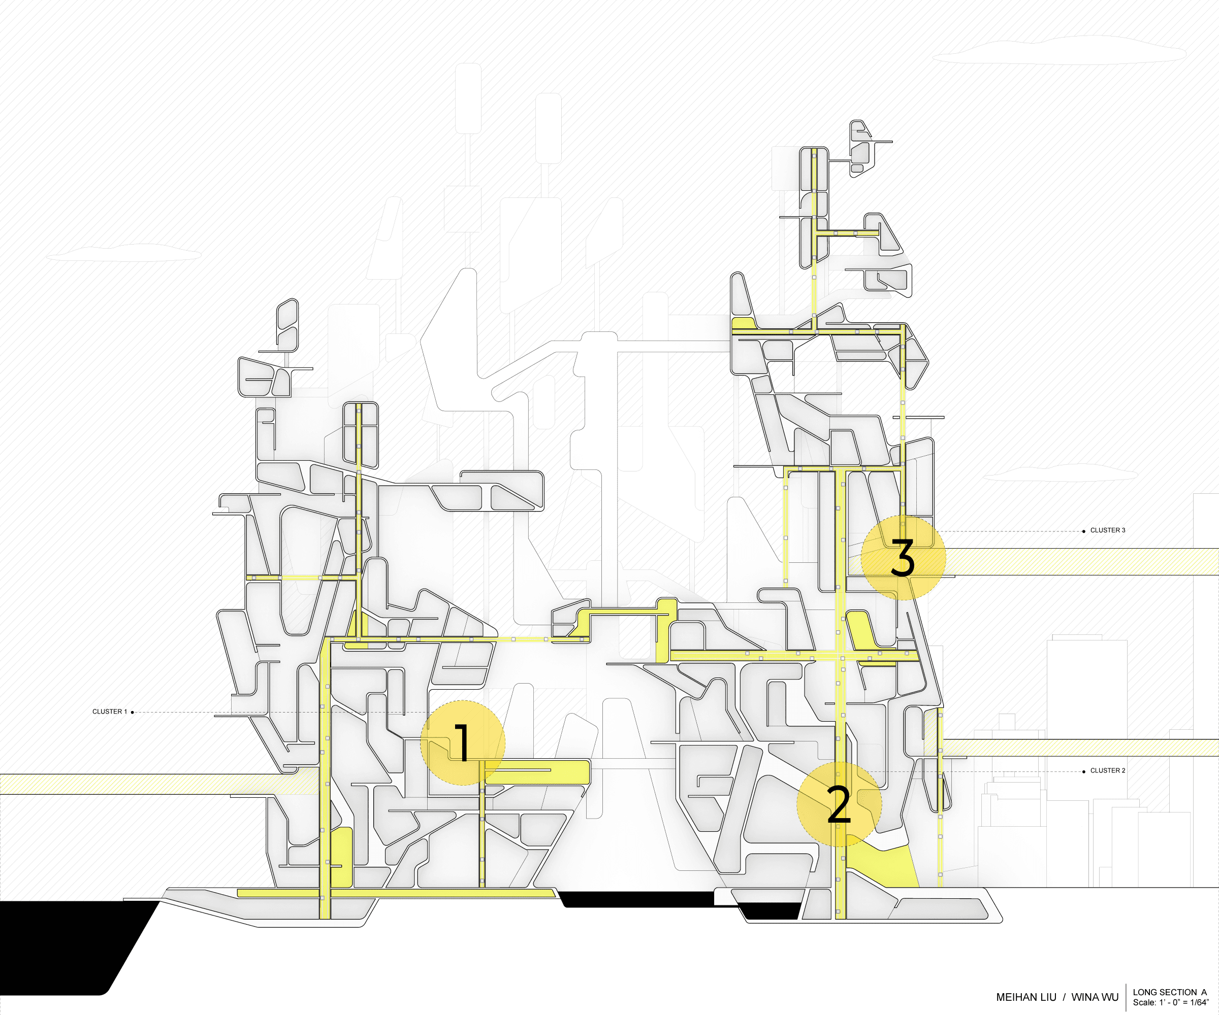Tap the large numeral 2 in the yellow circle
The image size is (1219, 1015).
[x=839, y=804]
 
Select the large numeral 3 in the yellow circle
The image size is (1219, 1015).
[x=903, y=557]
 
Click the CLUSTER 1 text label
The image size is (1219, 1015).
[x=109, y=712]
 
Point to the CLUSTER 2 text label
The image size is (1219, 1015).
[x=1108, y=770]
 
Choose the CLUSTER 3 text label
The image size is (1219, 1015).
[x=1108, y=530]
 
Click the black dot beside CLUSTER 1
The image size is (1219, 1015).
[x=133, y=712]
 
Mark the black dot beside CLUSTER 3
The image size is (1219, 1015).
[x=1084, y=531]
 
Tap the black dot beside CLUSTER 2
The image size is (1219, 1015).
[x=1084, y=771]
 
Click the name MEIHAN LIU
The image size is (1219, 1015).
[x=1025, y=997]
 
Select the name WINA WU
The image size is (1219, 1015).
[x=1095, y=997]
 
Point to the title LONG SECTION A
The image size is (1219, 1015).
[x=1170, y=992]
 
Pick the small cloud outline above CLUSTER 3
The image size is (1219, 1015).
[x=1060, y=472]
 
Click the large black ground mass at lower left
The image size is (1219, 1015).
[x=70, y=945]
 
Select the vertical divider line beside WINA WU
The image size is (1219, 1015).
[x=1126, y=997]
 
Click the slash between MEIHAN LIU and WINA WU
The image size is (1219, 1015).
[x=1064, y=997]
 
